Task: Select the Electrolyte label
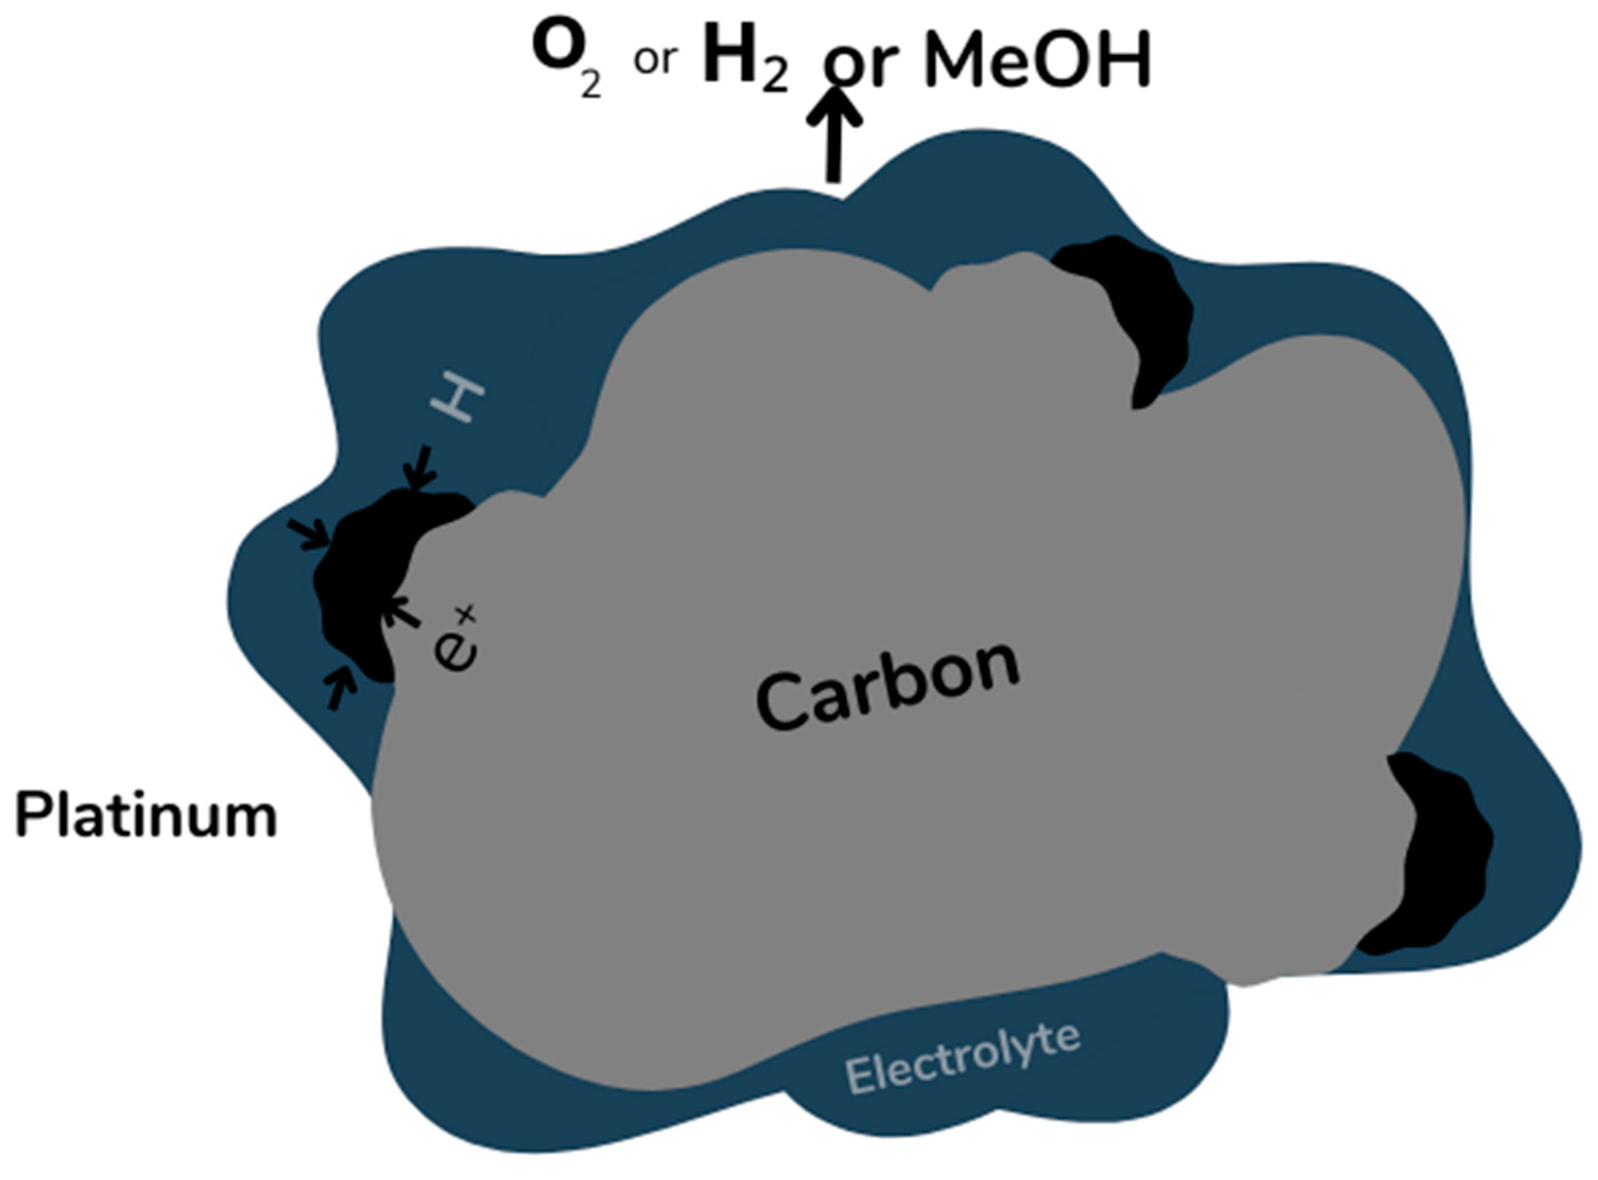point(962,1059)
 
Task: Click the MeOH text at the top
point(1037,60)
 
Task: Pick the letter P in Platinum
point(30,816)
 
